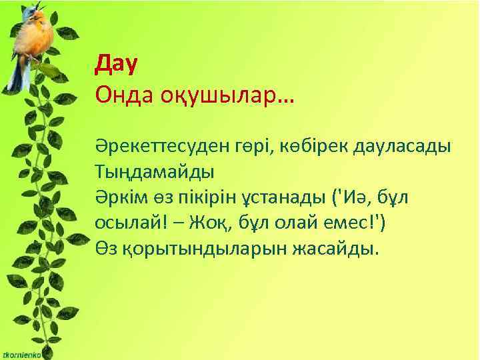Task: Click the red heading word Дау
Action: pyautogui.click(x=117, y=65)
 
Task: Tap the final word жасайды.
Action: pyautogui.click(x=339, y=249)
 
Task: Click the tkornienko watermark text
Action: pyautogui.click(x=21, y=355)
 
